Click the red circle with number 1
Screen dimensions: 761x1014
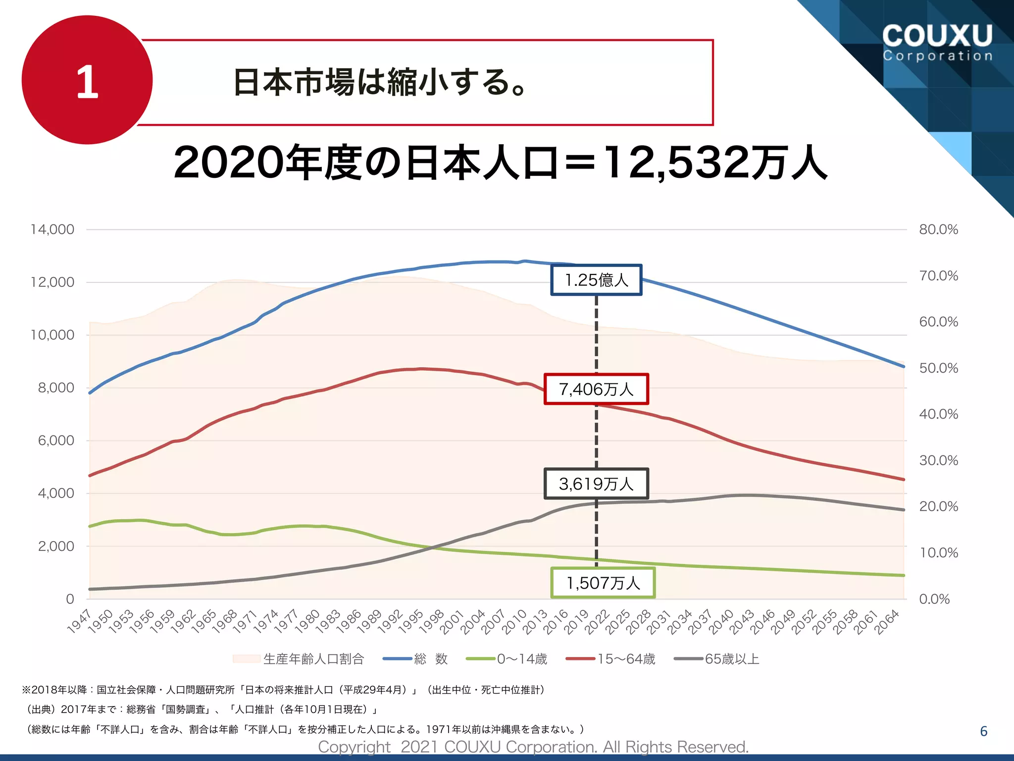pos(87,80)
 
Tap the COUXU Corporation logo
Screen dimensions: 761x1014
pos(937,42)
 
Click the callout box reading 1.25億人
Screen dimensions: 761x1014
pos(596,280)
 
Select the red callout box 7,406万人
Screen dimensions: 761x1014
pos(596,389)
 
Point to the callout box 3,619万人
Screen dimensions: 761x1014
pos(596,484)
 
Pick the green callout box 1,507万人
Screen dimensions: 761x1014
pos(603,583)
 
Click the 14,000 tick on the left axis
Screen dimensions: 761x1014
pos(52,229)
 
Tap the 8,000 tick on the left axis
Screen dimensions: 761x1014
pos(56,388)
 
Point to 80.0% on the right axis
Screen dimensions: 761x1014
pos(938,229)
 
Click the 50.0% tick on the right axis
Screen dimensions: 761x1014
pos(938,368)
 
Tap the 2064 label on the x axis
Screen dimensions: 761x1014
pos(886,622)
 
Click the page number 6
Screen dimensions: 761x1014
pos(983,731)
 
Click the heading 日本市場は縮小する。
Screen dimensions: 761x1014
pos(379,82)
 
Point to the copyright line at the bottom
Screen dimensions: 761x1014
pos(533,747)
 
